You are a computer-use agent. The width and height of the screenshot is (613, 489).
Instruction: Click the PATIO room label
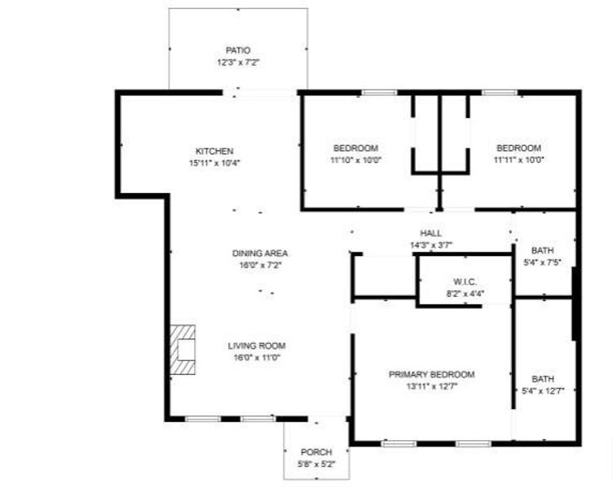[238, 51]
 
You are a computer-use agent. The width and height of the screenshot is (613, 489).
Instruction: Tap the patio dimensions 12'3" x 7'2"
[238, 62]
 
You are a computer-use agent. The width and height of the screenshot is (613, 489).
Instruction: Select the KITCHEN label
[214, 151]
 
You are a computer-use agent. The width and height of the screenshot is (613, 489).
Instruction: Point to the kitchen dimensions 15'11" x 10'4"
[214, 162]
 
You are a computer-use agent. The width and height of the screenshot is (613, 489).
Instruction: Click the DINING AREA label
[260, 253]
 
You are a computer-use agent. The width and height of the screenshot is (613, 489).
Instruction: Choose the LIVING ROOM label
[257, 346]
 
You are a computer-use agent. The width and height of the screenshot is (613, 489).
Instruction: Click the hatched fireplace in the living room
[183, 350]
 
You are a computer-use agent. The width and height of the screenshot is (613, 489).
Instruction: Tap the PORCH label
[316, 452]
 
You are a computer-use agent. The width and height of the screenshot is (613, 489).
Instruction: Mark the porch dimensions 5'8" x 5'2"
[316, 464]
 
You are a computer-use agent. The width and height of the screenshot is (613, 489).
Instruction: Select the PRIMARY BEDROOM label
[431, 375]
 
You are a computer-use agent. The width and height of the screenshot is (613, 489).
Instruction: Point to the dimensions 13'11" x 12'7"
[431, 386]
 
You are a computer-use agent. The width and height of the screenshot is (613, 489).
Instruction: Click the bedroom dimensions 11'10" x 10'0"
[355, 160]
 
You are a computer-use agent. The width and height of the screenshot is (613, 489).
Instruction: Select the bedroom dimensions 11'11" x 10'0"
[518, 160]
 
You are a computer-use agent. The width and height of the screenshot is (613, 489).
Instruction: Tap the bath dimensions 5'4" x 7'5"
[542, 262]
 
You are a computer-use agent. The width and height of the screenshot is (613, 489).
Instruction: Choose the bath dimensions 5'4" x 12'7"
[542, 391]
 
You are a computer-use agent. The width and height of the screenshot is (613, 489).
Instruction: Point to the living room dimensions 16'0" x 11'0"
[257, 357]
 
